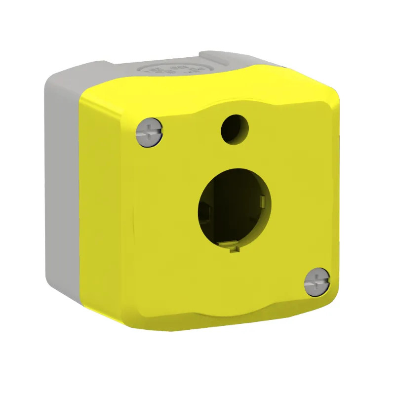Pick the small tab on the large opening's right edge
click(263, 201)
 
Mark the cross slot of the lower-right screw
click(317, 282)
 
